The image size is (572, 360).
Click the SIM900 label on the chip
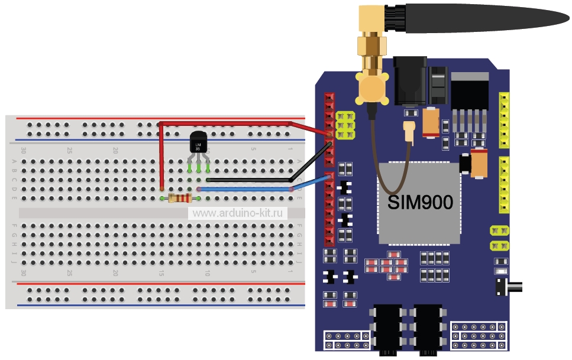(420, 203)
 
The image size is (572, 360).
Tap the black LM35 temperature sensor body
(198, 142)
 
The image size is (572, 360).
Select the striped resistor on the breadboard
(179, 199)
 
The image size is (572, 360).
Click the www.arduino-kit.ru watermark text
(237, 213)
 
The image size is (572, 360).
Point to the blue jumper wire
(248, 189)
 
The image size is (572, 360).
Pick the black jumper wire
(248, 179)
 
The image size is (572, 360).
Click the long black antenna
(485, 15)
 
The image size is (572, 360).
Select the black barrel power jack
(408, 80)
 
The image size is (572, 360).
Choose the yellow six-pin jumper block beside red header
(345, 125)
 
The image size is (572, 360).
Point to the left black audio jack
(387, 328)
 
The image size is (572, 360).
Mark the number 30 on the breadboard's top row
(24, 150)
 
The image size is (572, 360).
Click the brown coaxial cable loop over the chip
(390, 177)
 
